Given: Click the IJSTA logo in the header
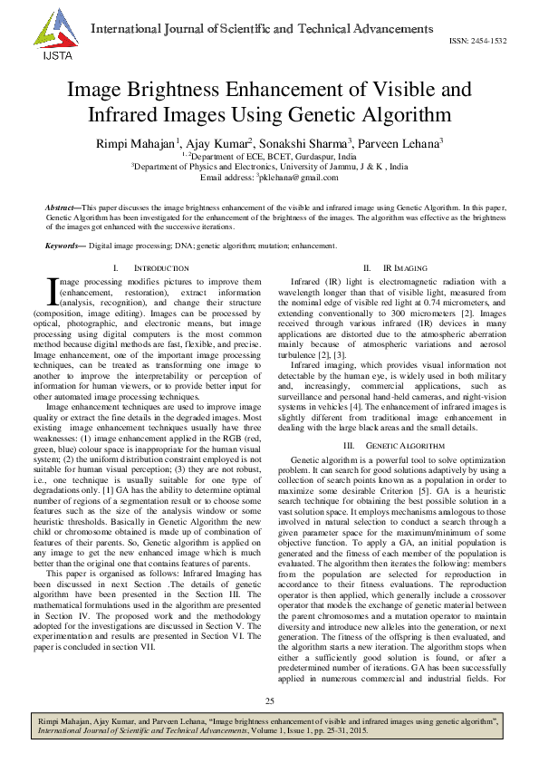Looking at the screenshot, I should pos(51,34).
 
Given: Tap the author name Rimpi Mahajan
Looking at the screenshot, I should pos(135,143).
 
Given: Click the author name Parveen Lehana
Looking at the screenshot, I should pos(399,143).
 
